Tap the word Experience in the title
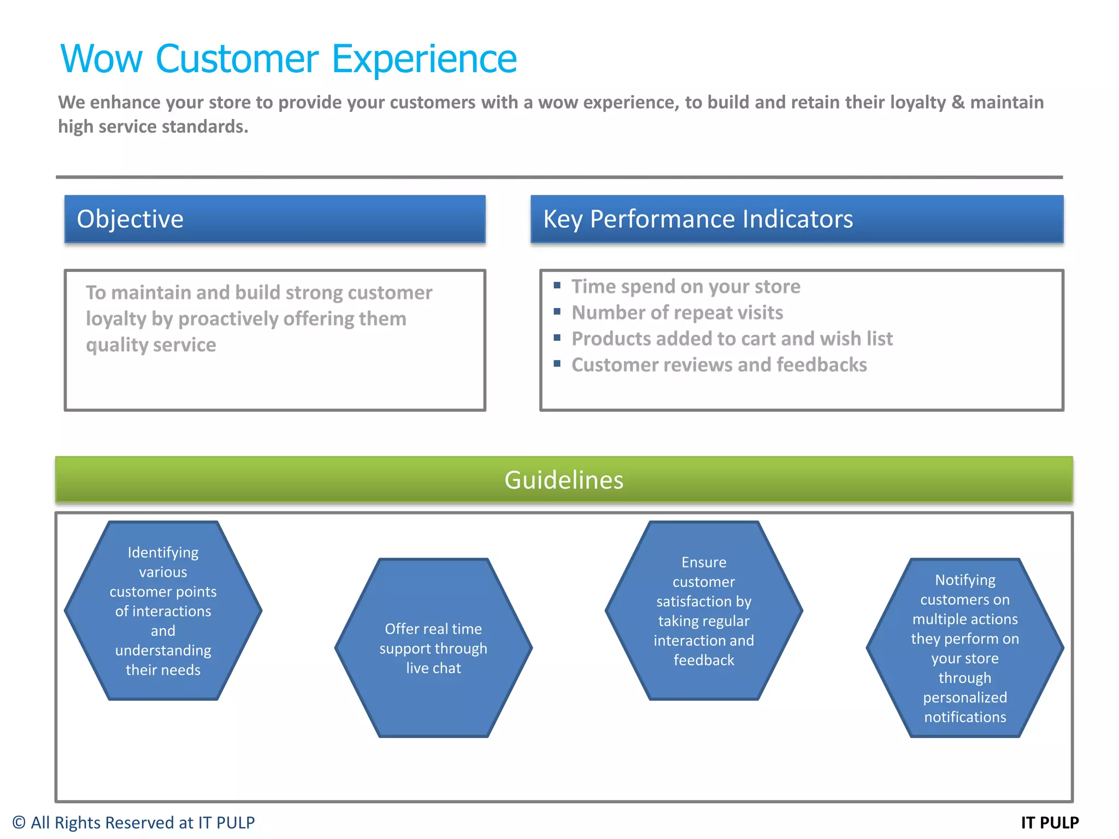[424, 59]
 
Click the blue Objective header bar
[275, 219]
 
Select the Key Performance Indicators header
[698, 219]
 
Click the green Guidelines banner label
[563, 480]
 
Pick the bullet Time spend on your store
[686, 287]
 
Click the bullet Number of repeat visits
[677, 312]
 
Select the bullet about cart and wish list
[732, 339]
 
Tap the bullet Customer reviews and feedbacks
[719, 365]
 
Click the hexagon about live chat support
[433, 648]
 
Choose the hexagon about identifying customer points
[163, 611]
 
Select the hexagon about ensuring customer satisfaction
[704, 611]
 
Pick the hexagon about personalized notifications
[965, 648]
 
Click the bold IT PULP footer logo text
[1050, 823]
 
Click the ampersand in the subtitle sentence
[958, 103]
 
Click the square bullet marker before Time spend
[557, 285]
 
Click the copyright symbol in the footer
[19, 823]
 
